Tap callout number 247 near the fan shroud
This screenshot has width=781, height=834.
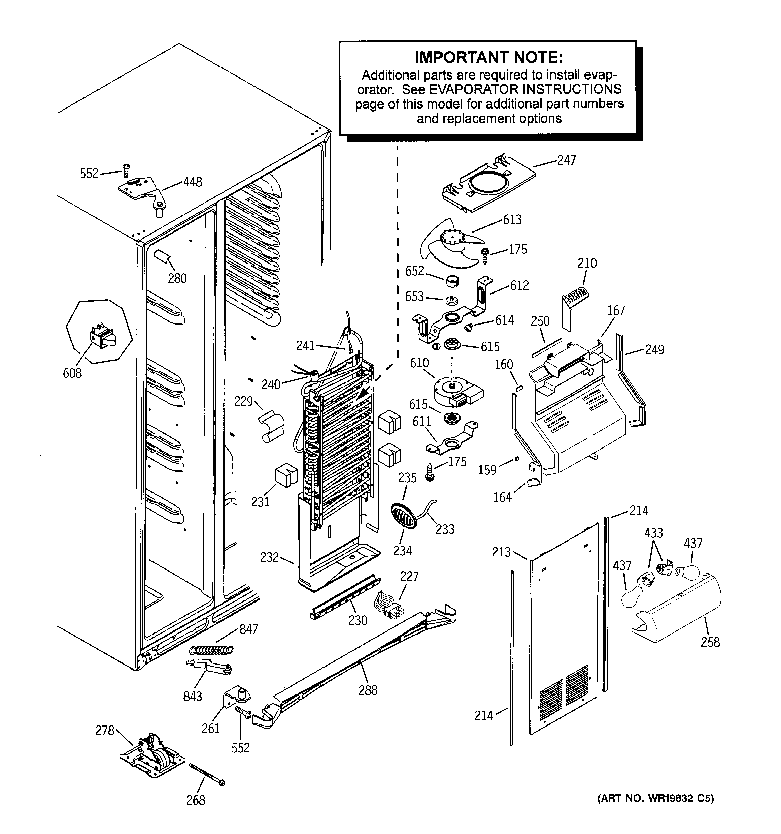click(x=566, y=160)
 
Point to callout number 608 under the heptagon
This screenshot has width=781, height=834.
click(x=72, y=373)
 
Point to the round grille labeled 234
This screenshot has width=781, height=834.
click(x=403, y=516)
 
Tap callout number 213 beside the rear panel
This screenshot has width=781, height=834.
click(x=501, y=552)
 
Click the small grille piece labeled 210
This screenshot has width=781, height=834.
click(x=575, y=299)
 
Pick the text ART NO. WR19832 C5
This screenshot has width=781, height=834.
click(x=655, y=798)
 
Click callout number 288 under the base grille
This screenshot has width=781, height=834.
click(x=368, y=690)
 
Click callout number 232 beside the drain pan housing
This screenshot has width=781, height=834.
click(x=269, y=557)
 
